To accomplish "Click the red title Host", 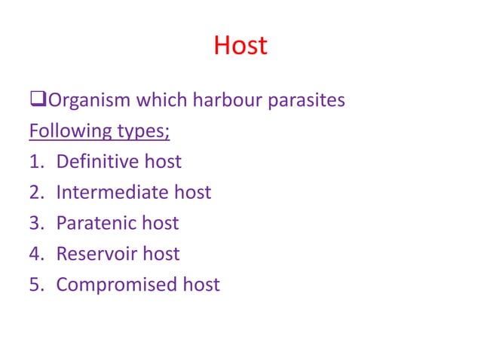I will (x=240, y=46).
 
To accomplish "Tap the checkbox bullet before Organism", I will (x=35, y=100).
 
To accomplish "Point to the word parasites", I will (x=307, y=100).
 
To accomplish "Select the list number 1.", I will (x=35, y=161).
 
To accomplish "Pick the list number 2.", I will (x=35, y=192).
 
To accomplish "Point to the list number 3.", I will (x=35, y=223).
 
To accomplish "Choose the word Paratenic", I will (x=97, y=223).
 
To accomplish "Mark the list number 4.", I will (x=35, y=254).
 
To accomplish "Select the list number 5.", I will (x=35, y=285).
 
